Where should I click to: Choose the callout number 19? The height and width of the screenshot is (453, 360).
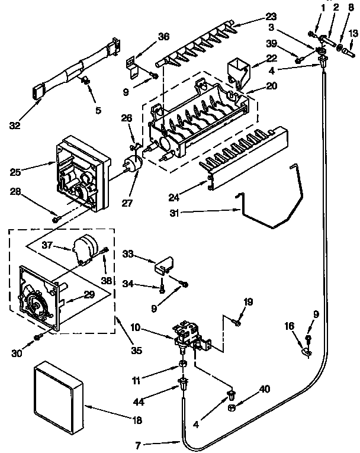(x=248, y=302)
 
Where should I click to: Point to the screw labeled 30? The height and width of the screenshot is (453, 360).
(x=37, y=337)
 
